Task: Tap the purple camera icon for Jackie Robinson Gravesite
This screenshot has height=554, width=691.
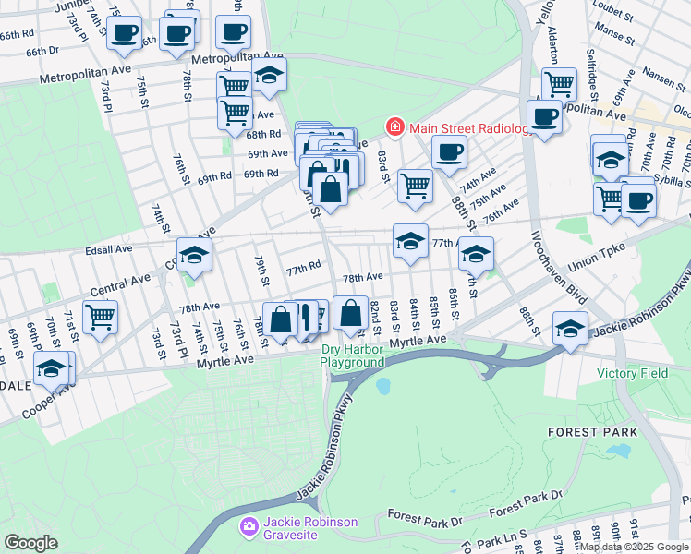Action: [x=248, y=527]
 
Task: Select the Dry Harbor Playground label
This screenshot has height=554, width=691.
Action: [x=352, y=356]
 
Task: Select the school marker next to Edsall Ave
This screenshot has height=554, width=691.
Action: [x=195, y=256]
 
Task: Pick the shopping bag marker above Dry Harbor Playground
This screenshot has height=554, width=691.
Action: [x=351, y=313]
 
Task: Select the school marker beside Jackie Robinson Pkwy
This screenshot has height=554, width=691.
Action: [x=570, y=329]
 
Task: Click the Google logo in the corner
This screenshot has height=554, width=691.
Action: [x=30, y=542]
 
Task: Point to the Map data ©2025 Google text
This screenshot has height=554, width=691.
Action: [x=634, y=547]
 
